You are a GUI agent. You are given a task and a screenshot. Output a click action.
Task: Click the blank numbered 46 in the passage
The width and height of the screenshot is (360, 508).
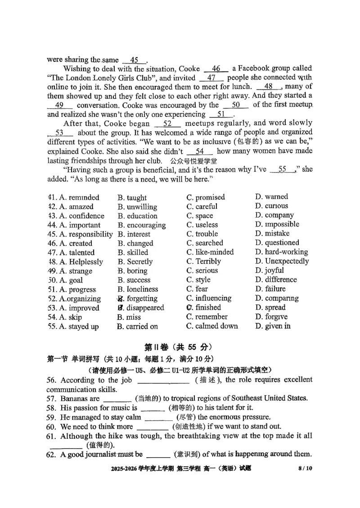(216, 69)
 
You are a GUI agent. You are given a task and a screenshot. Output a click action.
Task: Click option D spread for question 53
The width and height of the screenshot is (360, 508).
(270, 307)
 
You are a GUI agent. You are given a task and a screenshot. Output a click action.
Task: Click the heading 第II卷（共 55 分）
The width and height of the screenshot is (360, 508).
(178, 347)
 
